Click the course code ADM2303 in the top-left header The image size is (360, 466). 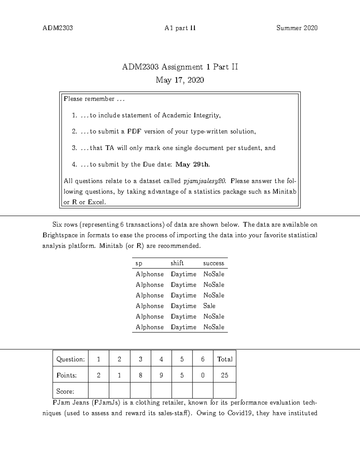[58, 28]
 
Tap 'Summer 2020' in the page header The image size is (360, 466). [297, 28]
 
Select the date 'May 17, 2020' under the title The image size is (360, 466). [180, 80]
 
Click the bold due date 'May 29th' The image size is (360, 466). [192, 164]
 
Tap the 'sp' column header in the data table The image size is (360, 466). [139, 263]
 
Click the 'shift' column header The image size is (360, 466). [177, 263]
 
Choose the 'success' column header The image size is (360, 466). [214, 263]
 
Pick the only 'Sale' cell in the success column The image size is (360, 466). [209, 306]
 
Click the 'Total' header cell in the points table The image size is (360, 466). [224, 359]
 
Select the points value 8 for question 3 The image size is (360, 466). [140, 375]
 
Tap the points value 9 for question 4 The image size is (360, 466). [161, 375]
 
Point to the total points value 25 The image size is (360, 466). [224, 375]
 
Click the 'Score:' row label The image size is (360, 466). [65, 391]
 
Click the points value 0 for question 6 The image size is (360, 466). [203, 375]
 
